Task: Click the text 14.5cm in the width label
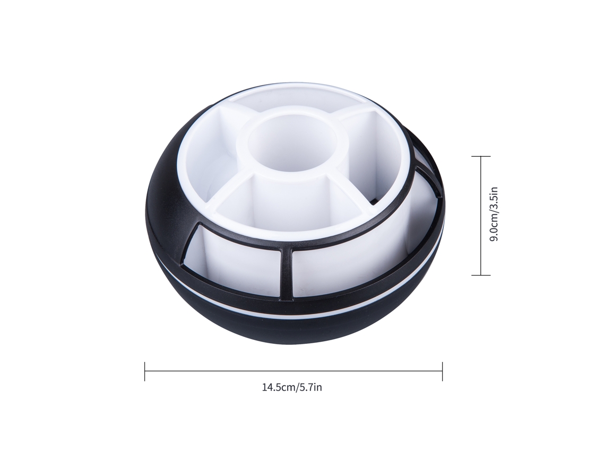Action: [278, 387]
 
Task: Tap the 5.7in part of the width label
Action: [309, 387]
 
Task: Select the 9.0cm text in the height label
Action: [494, 229]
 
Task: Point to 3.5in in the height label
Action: [494, 200]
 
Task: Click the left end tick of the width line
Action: [145, 371]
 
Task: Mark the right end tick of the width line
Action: [442, 371]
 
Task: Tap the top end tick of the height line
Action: [481, 156]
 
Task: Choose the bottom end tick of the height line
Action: [481, 275]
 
